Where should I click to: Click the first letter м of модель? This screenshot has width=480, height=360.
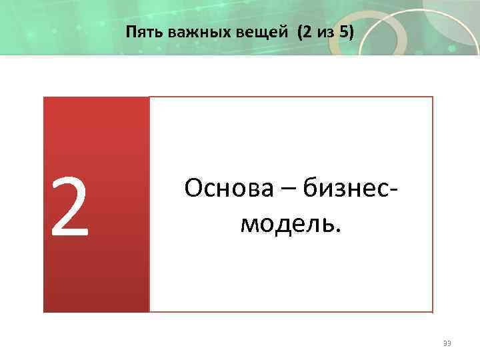click(x=247, y=225)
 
